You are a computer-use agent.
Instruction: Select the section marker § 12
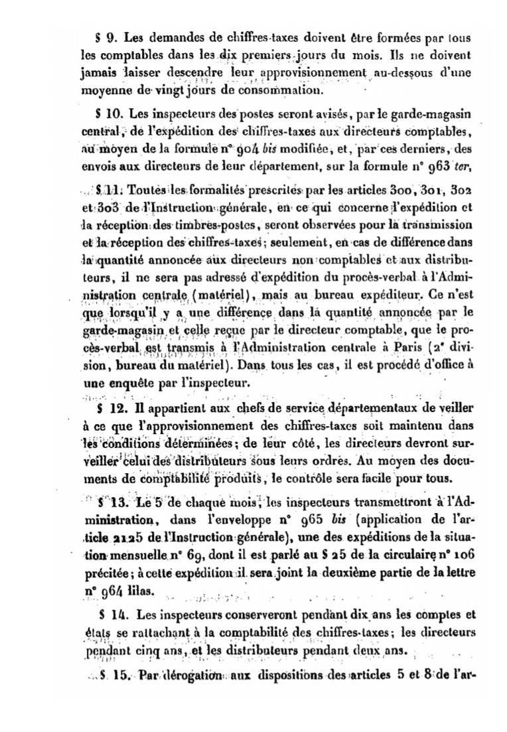pos(108,406)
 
